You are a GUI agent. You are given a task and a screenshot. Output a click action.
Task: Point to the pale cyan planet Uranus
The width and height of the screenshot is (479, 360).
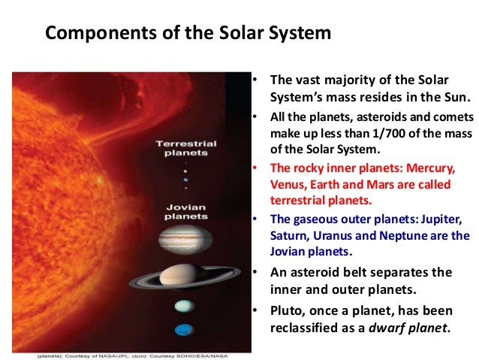click(182, 306)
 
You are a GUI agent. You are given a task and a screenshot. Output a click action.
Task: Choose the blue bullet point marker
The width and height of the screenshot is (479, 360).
click(255, 219)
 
